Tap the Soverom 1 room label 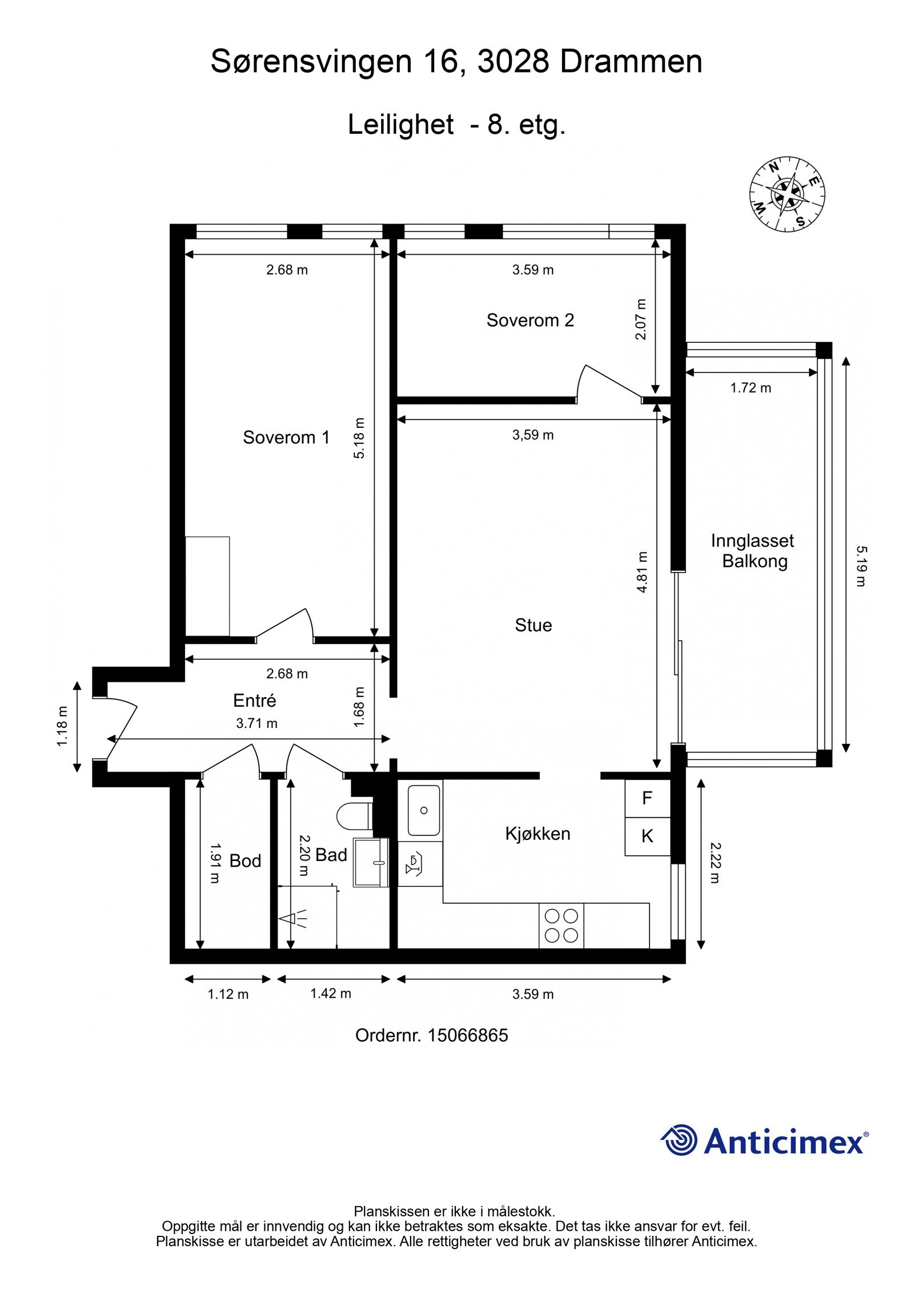[286, 437]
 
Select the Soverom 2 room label [530, 320]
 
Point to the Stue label [533, 625]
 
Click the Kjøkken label [537, 833]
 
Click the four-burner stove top [561, 925]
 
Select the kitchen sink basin [424, 810]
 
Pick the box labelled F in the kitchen [647, 798]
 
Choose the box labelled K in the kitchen [647, 836]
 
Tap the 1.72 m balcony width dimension [750, 388]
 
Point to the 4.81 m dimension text [643, 572]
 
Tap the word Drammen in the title [631, 62]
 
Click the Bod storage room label [245, 860]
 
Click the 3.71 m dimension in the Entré [256, 723]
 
